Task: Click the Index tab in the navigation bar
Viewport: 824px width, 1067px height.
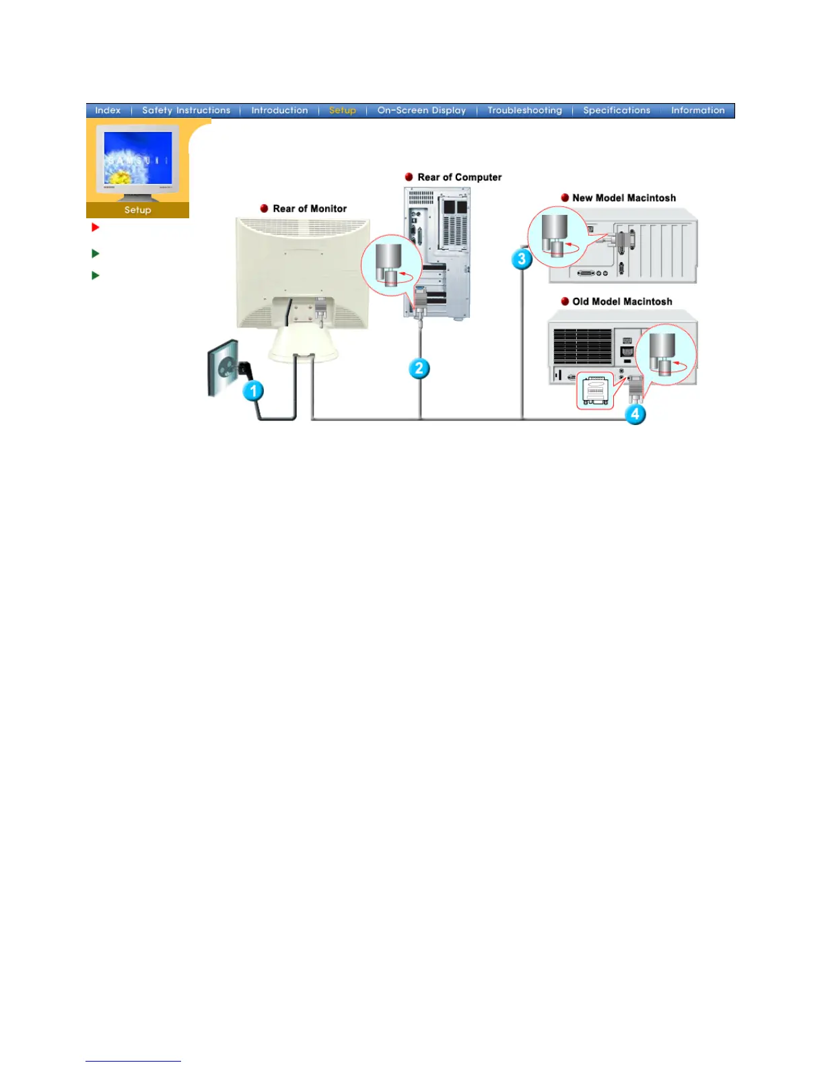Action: [108, 110]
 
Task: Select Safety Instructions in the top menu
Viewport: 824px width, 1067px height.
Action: [186, 110]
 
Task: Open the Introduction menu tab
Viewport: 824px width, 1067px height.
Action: [279, 110]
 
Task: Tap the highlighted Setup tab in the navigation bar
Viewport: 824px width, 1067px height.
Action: [342, 110]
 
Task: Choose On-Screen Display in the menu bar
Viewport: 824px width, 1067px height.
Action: [421, 110]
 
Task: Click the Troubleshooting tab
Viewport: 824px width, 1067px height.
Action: [524, 110]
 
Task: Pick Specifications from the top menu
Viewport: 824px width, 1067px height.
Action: [617, 110]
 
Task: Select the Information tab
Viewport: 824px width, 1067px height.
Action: [697, 110]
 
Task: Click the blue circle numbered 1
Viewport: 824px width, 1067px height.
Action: [253, 391]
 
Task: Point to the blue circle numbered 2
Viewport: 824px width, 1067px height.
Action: [419, 368]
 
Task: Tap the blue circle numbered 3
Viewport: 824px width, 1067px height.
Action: [522, 259]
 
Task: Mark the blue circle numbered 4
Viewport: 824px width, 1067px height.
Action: [635, 414]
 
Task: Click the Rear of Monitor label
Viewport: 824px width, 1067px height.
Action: [310, 209]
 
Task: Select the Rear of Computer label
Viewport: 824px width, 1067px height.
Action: [459, 177]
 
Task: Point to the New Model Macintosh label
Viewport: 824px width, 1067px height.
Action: [623, 198]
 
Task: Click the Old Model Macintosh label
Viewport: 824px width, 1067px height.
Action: [622, 302]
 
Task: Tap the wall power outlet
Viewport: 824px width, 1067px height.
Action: [225, 368]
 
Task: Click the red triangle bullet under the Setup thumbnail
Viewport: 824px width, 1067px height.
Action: [96, 228]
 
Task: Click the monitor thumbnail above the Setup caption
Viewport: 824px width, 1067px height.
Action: [137, 162]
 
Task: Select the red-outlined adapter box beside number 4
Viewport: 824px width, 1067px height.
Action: [595, 390]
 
